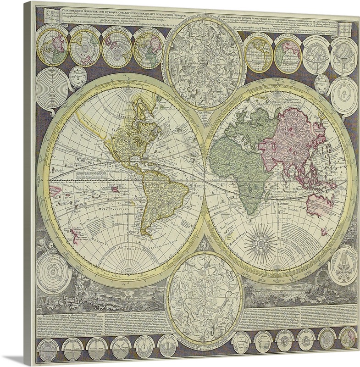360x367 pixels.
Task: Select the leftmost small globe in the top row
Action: click(x=51, y=46)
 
